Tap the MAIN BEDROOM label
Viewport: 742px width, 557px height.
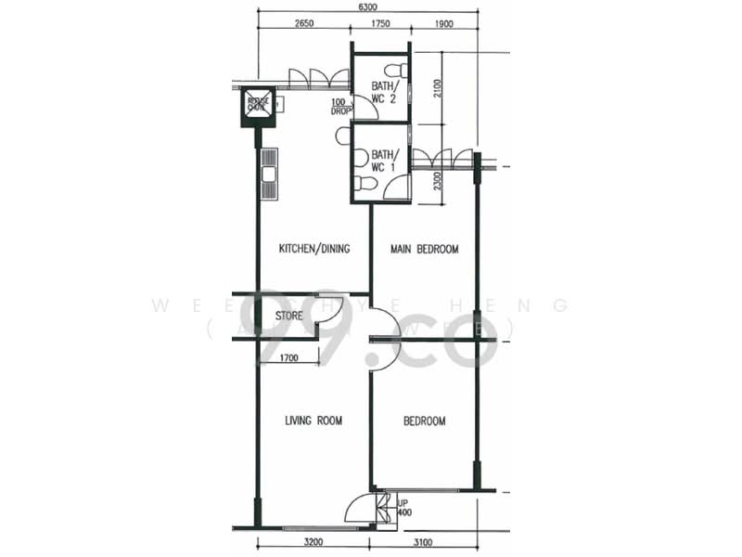coord(424,249)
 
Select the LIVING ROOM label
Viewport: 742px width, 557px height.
coord(313,421)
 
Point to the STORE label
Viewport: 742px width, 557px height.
coord(288,317)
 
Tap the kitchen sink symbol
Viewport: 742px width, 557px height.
coord(269,174)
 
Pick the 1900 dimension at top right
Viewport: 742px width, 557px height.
coord(442,24)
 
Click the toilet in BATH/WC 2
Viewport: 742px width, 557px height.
coord(396,70)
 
